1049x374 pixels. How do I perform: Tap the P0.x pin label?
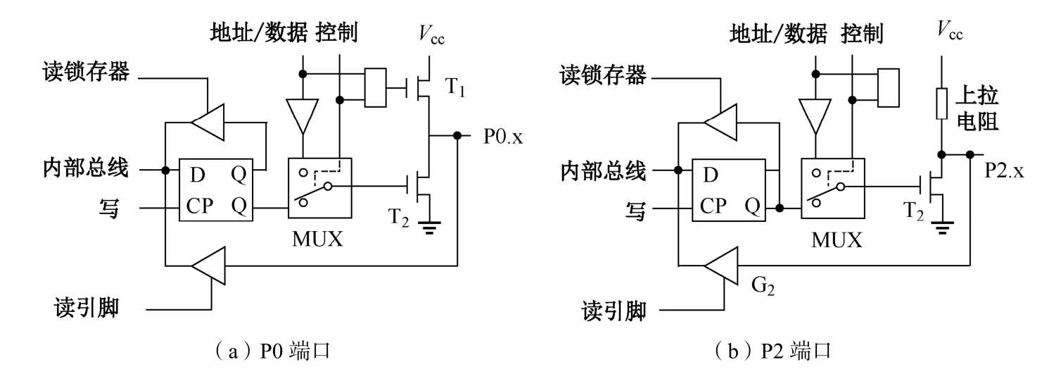[x=503, y=137]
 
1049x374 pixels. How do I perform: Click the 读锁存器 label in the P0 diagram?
[x=84, y=73]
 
